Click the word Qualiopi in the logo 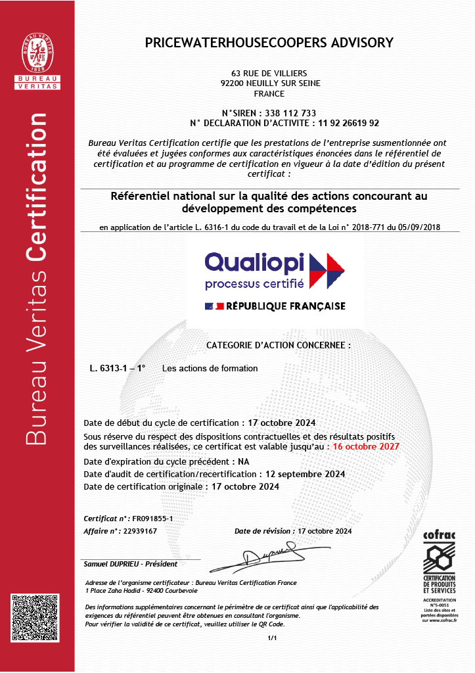(254, 262)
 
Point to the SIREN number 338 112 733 (290, 112)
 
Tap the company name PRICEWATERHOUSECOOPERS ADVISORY (269, 43)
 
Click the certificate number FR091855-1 (152, 519)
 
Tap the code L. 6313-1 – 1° (118, 369)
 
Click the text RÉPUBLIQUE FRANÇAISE (286, 306)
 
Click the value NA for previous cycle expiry (243, 461)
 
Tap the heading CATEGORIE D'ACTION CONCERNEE (279, 345)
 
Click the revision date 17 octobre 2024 (325, 530)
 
